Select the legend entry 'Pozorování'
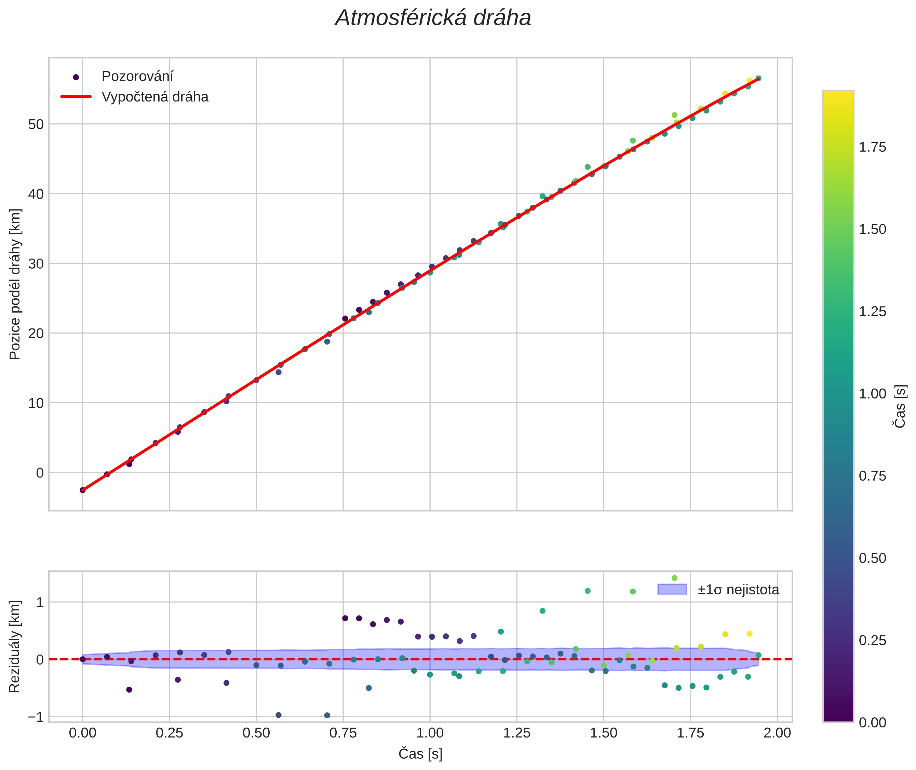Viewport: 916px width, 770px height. (x=137, y=77)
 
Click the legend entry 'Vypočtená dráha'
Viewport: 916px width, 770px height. (x=154, y=97)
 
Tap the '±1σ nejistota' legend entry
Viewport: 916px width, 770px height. (x=738, y=590)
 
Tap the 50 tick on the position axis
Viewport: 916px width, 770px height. (x=36, y=124)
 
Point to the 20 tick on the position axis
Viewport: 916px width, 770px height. (x=36, y=334)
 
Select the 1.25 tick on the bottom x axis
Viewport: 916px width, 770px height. (x=516, y=733)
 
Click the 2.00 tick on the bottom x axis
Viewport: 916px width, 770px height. (x=777, y=733)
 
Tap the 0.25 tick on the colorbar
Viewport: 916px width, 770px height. (x=872, y=641)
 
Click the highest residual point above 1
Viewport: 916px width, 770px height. (x=674, y=578)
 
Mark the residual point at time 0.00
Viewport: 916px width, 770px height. (x=82, y=659)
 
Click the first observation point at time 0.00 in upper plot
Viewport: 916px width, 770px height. (x=82, y=490)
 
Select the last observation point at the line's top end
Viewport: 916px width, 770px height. (x=758, y=78)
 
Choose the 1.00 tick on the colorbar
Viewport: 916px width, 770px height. (x=872, y=394)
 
